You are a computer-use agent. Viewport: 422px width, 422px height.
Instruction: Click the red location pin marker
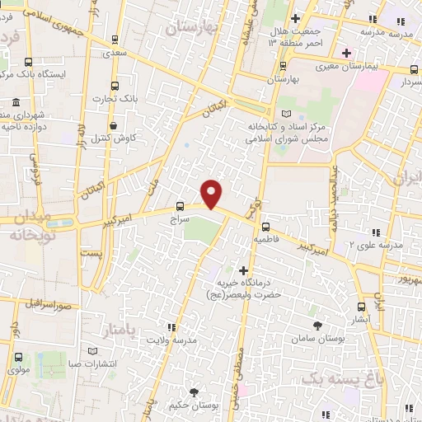[212, 193]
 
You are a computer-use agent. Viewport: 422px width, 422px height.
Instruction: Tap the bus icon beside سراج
[181, 207]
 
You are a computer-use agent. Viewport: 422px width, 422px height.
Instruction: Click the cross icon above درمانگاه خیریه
[243, 270]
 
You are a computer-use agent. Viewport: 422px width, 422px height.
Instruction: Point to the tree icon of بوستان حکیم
[195, 393]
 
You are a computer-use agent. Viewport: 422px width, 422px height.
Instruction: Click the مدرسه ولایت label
[195, 339]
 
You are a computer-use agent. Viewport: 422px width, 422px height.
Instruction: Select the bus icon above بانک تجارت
[116, 86]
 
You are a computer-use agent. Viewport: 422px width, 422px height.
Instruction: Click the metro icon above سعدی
[115, 38]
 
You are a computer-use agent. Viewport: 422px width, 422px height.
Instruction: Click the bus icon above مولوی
[18, 358]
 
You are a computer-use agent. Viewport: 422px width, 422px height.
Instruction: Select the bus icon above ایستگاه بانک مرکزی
[30, 62]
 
